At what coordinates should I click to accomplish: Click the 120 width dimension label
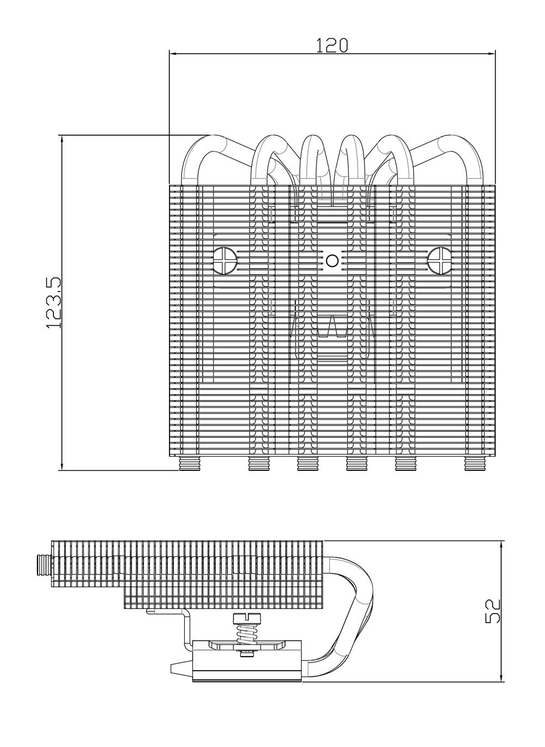coord(332,45)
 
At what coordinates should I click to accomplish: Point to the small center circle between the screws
coord(332,261)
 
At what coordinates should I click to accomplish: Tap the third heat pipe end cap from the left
coord(307,464)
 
